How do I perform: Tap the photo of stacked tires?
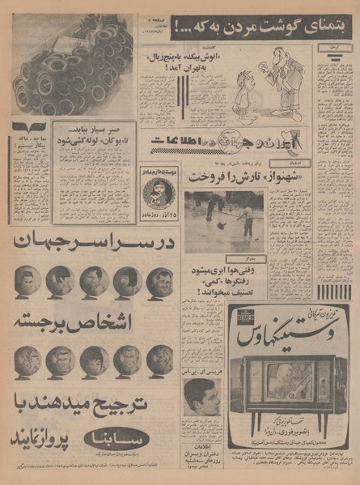(73, 65)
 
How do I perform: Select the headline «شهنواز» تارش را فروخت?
(230, 177)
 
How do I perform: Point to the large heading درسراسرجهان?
(94, 242)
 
